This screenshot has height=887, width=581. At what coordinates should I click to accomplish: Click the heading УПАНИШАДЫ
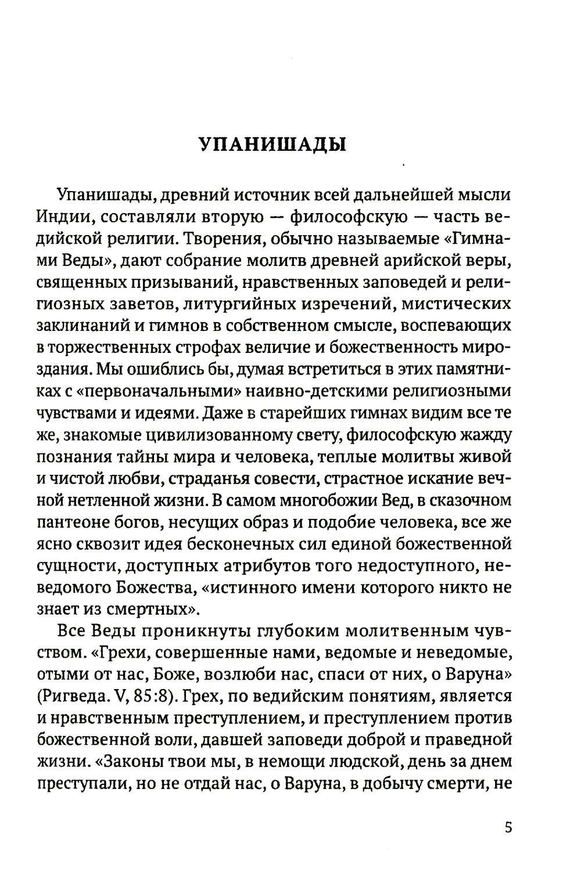click(272, 143)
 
